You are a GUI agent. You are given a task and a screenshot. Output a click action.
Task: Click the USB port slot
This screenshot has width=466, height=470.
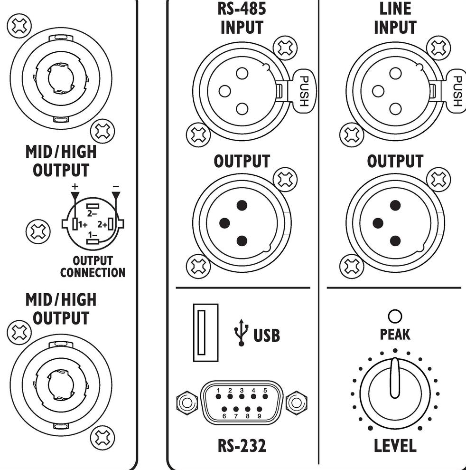[x=205, y=333]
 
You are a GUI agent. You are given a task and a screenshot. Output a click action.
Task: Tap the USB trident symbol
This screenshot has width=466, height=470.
[x=241, y=333]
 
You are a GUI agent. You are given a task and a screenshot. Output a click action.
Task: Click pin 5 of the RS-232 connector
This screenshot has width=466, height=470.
[x=265, y=396]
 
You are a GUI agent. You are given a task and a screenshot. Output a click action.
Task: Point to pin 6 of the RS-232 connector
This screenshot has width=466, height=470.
[x=224, y=409]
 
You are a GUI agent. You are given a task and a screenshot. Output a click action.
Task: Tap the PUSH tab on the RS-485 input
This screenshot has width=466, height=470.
[x=303, y=91]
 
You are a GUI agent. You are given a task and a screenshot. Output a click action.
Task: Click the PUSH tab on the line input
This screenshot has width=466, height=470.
[x=456, y=91]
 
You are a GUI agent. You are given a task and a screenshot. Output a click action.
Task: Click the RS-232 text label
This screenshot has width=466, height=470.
[x=242, y=446]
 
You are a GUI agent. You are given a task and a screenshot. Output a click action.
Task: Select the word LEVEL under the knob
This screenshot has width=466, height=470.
[x=395, y=446]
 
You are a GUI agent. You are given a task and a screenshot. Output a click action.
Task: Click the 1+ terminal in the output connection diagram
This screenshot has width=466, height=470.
[x=75, y=224]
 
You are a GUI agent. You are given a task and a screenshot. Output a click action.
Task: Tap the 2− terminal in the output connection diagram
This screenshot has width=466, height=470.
[x=93, y=206]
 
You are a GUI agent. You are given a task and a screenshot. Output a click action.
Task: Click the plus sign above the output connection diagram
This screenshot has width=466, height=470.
[x=75, y=186]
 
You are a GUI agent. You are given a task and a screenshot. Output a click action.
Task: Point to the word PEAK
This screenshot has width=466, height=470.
[x=395, y=334]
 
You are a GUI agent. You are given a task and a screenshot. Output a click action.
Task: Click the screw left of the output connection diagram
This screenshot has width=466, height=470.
[x=38, y=231]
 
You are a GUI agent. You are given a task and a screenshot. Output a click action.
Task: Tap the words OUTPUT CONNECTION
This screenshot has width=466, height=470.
[x=93, y=267]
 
